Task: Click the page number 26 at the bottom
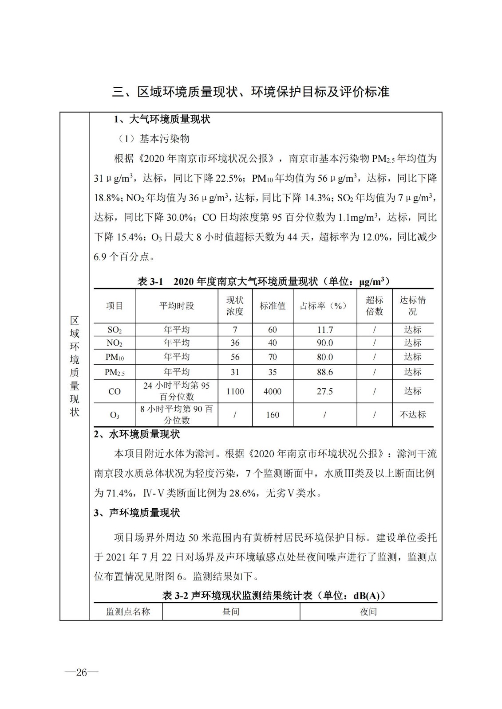[81, 672]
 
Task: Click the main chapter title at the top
[251, 92]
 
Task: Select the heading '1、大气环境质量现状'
[162, 119]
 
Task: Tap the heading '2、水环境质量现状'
[137, 434]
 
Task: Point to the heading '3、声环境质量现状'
[137, 513]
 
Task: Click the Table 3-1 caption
[264, 281]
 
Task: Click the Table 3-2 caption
[274, 595]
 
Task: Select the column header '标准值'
[273, 306]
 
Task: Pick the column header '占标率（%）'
[324, 306]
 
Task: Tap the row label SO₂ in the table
[115, 330]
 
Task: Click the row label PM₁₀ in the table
[115, 357]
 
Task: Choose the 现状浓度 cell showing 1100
[235, 391]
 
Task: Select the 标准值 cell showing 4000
[273, 391]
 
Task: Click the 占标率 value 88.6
[324, 372]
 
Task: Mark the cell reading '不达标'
[412, 415]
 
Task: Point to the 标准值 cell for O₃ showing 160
[273, 415]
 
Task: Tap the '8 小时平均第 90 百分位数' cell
[177, 414]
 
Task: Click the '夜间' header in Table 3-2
[368, 612]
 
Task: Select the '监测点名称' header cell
[128, 612]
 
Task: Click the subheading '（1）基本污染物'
[154, 139]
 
